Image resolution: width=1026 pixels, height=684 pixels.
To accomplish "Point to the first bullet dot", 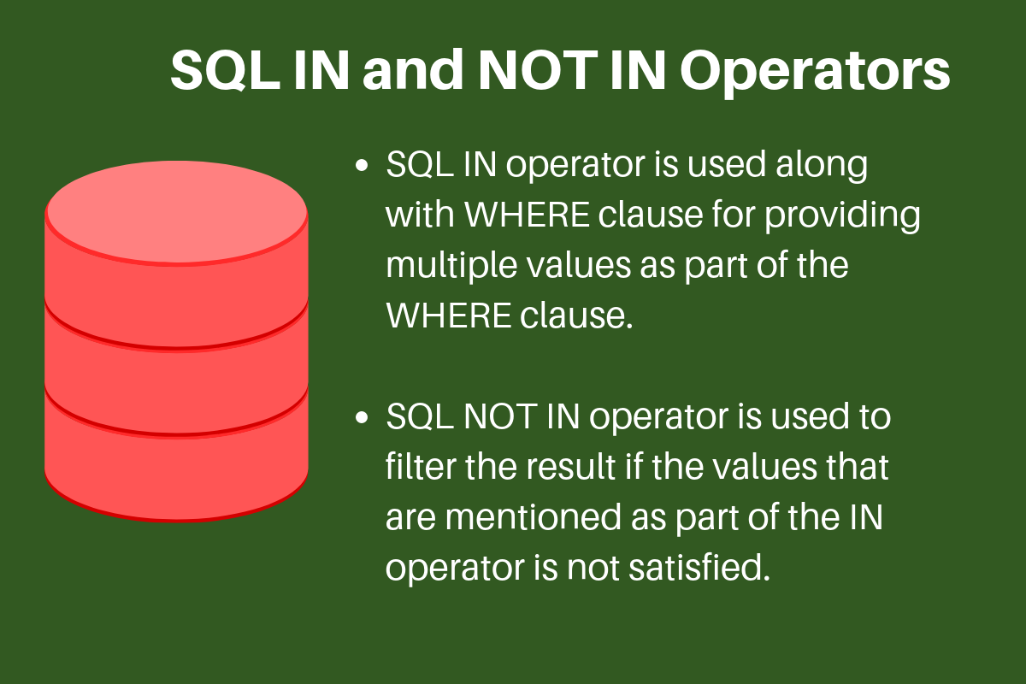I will (363, 164).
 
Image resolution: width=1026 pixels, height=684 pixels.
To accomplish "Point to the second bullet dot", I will (363, 419).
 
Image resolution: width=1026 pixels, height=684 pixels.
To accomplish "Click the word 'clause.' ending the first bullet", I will (575, 316).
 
